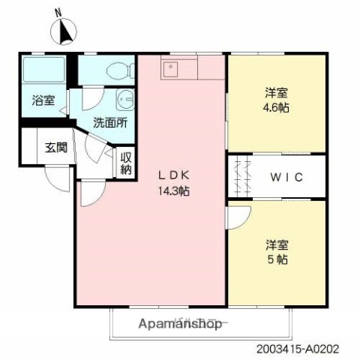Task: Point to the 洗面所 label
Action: (x=109, y=121)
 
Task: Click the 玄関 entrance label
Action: (x=55, y=147)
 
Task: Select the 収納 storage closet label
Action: (x=127, y=163)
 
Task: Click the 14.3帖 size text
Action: (x=173, y=191)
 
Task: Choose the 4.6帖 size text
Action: (x=277, y=107)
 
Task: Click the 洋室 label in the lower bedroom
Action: (x=277, y=244)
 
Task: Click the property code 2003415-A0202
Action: (x=307, y=349)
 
